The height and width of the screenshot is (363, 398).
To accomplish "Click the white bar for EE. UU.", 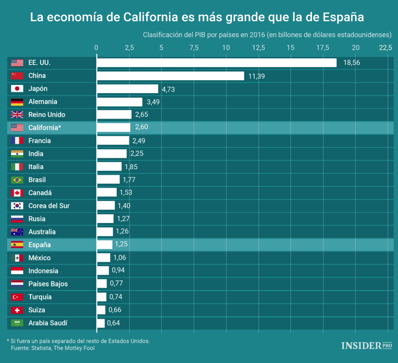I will coord(216,63).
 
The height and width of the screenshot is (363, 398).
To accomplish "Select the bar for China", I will coord(170,76).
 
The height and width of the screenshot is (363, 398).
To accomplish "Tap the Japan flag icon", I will coord(17,89).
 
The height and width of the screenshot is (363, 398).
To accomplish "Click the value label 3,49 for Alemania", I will coord(154,102).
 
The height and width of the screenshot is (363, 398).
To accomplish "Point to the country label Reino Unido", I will coord(47,115).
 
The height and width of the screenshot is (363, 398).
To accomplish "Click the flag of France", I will coord(17,140).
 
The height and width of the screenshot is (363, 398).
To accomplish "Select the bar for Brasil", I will coord(108,179).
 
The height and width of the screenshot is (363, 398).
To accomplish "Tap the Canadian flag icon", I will coord(17,192).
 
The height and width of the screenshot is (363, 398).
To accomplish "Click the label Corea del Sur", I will coord(49,205).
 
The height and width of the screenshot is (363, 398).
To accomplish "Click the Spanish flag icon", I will coord(17,244).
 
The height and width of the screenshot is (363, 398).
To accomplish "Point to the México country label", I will coord(39,258).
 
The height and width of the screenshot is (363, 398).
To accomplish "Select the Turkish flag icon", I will coord(17,297).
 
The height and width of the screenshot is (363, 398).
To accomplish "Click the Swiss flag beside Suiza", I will coord(17,310).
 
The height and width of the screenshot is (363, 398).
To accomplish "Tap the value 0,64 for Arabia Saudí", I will coord(113,323).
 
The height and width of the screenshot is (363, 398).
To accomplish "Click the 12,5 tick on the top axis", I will coord(258,48).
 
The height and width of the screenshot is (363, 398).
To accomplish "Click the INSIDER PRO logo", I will coord(367,345).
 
